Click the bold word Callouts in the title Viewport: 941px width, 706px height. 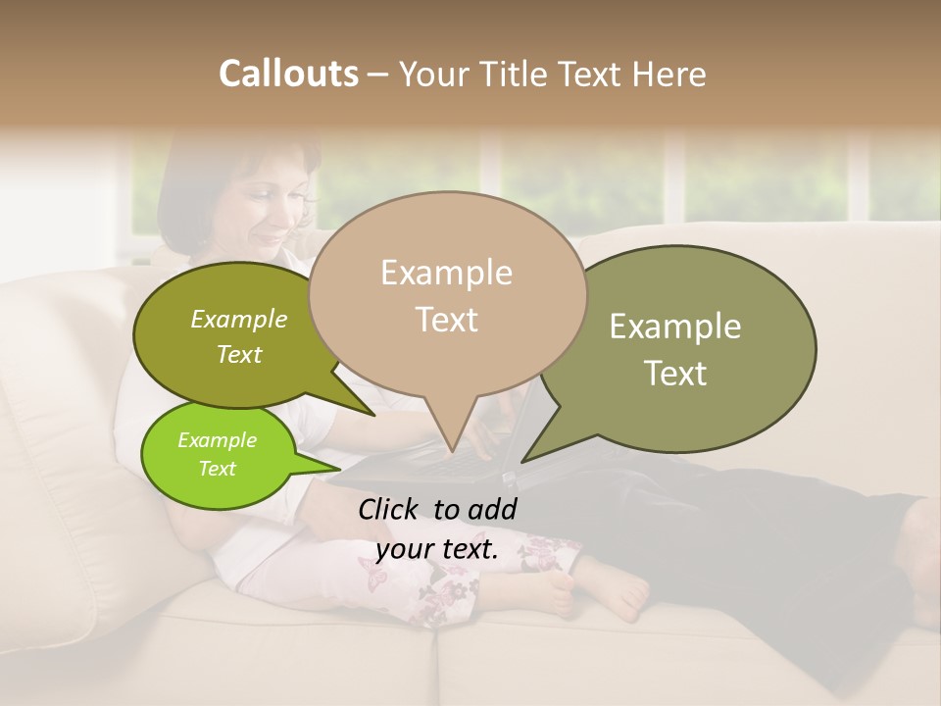288,74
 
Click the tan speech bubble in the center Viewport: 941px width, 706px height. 447,294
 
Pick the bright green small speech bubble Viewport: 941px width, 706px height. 218,454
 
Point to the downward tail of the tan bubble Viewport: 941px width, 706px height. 450,427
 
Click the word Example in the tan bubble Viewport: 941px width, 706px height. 446,273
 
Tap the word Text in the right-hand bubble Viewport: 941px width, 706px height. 676,374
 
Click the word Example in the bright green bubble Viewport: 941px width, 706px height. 217,440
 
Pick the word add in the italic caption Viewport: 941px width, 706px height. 492,509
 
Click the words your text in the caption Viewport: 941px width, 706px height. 437,549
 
